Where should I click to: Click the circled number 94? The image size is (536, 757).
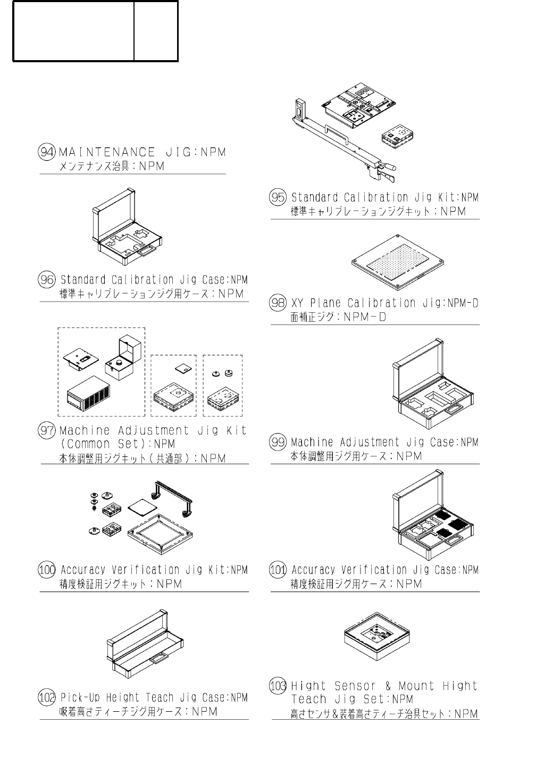click(x=47, y=152)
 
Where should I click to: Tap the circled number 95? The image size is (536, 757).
click(x=278, y=197)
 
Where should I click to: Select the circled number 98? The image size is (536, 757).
click(x=278, y=303)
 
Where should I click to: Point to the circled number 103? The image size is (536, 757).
click(x=278, y=686)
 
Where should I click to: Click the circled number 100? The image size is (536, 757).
click(x=47, y=570)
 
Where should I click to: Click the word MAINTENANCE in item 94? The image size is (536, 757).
click(x=107, y=152)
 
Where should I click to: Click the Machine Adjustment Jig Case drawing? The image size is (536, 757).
click(x=432, y=384)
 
